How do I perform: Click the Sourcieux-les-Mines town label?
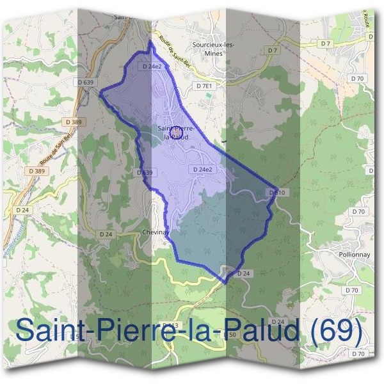(213, 49)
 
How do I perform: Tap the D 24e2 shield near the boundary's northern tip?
(152, 66)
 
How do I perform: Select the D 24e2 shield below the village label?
(202, 169)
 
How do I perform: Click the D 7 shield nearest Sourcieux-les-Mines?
(273, 50)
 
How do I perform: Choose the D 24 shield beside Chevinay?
(106, 235)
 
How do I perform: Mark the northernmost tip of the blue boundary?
(150, 41)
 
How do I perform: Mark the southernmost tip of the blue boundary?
(225, 282)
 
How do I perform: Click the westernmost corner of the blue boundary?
(100, 92)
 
